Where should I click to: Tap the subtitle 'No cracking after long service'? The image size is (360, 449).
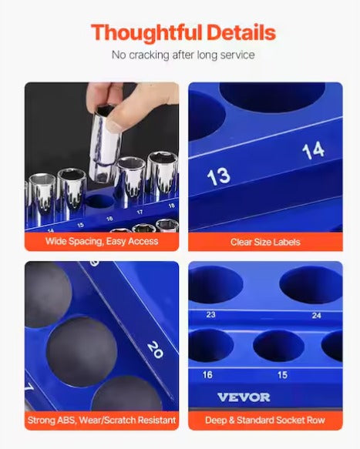coord(183,55)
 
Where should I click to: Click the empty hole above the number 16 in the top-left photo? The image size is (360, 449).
coord(99,203)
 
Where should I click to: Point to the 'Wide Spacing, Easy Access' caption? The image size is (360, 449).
coord(101,241)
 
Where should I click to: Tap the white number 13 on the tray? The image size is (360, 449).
coord(218,175)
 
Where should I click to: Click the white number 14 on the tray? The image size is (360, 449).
coord(312,150)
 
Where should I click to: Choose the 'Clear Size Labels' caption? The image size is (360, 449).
coord(265,242)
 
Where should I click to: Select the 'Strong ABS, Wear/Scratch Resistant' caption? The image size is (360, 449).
coord(101,421)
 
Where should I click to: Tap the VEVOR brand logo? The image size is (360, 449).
coord(244,397)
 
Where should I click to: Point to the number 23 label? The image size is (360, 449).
coord(210,314)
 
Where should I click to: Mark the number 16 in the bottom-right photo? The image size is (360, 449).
coord(207,374)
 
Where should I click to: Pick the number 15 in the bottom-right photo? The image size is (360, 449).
coord(282,374)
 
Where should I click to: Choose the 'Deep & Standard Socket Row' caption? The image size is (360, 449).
coord(265,421)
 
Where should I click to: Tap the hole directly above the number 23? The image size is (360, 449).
coord(213,284)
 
